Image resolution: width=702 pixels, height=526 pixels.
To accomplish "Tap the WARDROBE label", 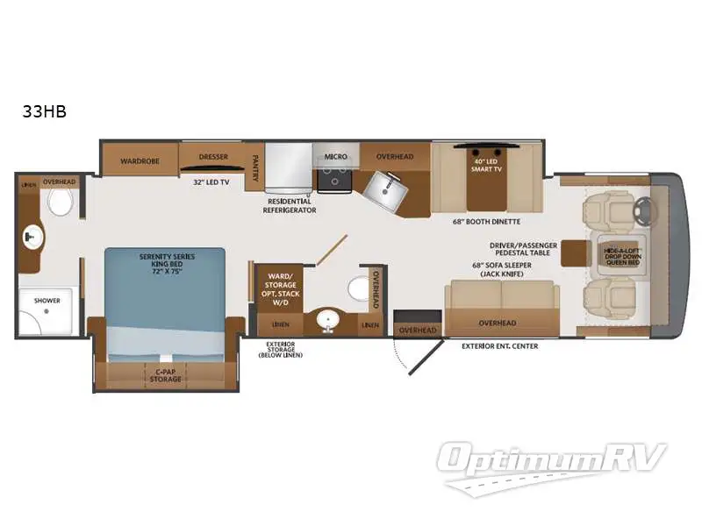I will click(x=139, y=160).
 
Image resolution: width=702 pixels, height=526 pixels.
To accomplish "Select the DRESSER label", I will click(x=213, y=157).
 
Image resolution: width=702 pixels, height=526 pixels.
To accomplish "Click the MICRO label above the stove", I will click(x=335, y=157).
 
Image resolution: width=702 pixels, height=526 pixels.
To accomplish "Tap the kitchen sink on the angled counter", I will click(x=383, y=186).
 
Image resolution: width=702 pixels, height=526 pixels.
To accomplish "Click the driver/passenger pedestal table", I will click(x=576, y=252).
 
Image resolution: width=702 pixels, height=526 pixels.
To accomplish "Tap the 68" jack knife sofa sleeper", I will click(x=498, y=299).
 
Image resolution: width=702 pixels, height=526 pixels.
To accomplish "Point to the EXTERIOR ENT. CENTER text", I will click(x=499, y=346).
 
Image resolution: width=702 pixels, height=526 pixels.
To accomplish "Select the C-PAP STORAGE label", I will click(x=166, y=375).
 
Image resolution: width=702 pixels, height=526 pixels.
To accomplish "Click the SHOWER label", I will click(x=47, y=301).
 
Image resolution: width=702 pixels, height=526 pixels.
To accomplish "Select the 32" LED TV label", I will click(x=211, y=181).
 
